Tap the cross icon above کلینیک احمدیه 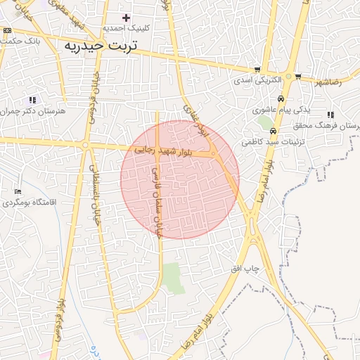click(127, 18)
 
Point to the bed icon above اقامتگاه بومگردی click(18, 192)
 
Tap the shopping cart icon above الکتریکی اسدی click(258, 70)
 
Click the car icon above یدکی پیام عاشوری click(281, 99)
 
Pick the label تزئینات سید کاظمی click(266, 142)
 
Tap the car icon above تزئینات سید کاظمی click(273, 131)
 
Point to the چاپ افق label click(245, 269)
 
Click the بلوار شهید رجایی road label click(163, 150)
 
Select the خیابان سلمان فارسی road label click(157, 200)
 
